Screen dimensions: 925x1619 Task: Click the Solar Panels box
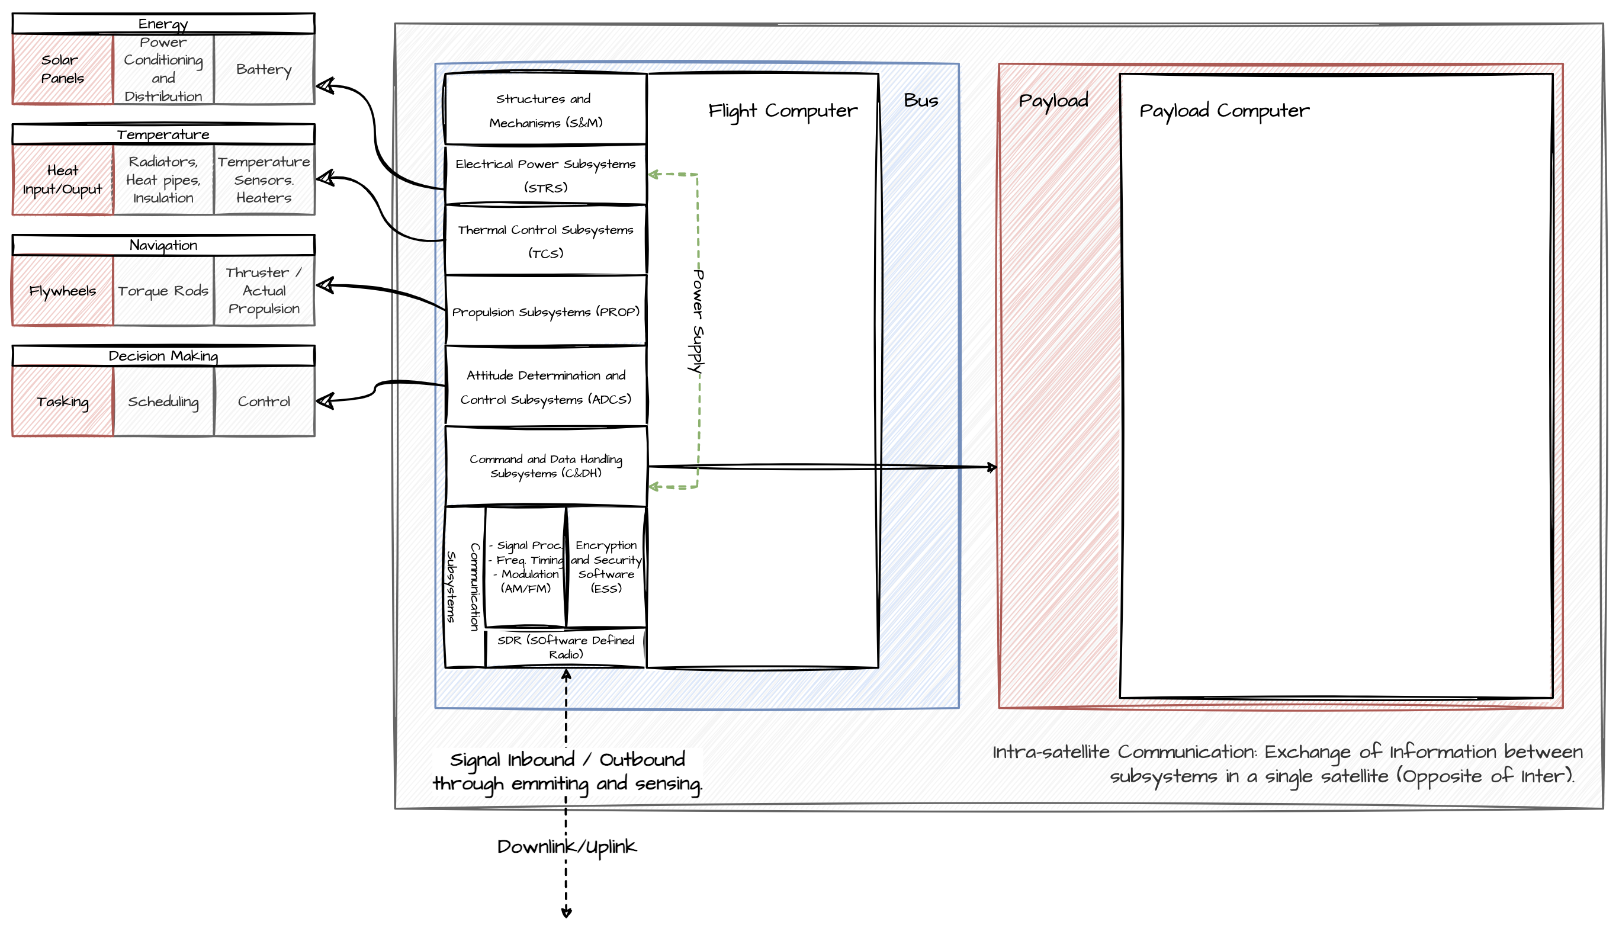point(62,69)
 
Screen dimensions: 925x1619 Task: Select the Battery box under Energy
point(264,69)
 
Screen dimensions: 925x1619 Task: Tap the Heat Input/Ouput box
point(62,180)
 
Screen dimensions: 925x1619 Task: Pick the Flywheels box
point(62,290)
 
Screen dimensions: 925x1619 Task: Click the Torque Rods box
point(163,290)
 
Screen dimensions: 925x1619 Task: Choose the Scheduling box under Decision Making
point(163,402)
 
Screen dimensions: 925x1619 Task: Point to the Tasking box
point(62,402)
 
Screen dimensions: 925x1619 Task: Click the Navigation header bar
point(163,245)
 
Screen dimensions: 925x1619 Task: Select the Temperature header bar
point(163,134)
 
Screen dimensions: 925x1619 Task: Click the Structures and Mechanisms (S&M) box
point(545,110)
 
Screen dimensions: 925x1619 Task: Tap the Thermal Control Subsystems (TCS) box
point(545,241)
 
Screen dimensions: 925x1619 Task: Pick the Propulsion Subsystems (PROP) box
point(545,311)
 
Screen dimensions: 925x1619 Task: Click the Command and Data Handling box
point(545,465)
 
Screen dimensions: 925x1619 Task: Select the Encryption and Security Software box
point(606,566)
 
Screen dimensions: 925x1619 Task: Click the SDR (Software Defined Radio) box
point(566,647)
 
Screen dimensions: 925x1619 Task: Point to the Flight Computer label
point(782,111)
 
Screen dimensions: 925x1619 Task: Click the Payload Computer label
point(1223,111)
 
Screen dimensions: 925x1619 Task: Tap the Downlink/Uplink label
point(566,846)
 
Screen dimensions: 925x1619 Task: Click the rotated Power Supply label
point(698,322)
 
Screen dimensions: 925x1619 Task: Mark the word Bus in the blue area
point(920,101)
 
